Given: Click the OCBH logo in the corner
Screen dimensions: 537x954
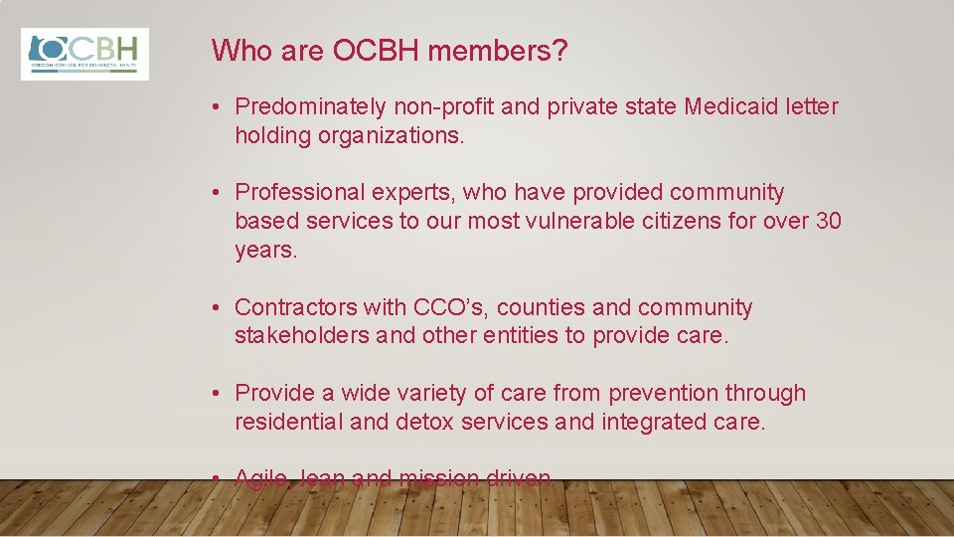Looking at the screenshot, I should point(85,54).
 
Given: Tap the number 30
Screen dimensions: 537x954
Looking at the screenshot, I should point(828,221).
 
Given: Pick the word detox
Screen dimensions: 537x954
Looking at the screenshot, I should point(425,422).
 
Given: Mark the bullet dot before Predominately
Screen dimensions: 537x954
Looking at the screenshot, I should point(217,107).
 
